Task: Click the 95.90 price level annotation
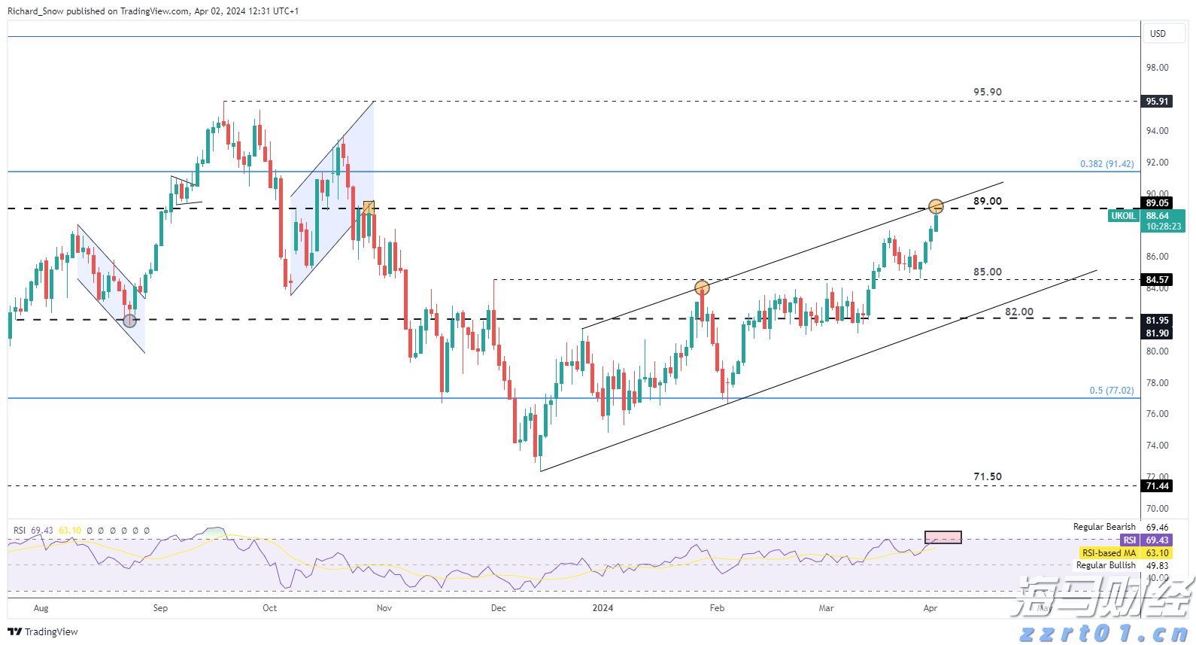point(987,93)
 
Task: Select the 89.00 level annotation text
point(987,202)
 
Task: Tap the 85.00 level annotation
point(987,272)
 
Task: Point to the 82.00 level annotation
point(1018,312)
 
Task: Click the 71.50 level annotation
point(987,477)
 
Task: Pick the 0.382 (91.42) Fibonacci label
point(1106,164)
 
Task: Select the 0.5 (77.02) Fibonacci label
point(1111,391)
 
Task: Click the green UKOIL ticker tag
point(1123,216)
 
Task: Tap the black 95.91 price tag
point(1157,102)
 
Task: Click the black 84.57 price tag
point(1157,280)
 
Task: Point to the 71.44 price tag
point(1157,486)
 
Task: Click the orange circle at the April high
point(936,206)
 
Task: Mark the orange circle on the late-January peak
point(702,288)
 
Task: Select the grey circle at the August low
point(130,321)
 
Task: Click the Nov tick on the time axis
point(384,608)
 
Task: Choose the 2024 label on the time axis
point(603,608)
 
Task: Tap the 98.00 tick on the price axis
point(1157,68)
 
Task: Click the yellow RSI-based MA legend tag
point(1109,553)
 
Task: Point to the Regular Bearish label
point(1103,527)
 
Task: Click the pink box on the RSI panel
point(943,537)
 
